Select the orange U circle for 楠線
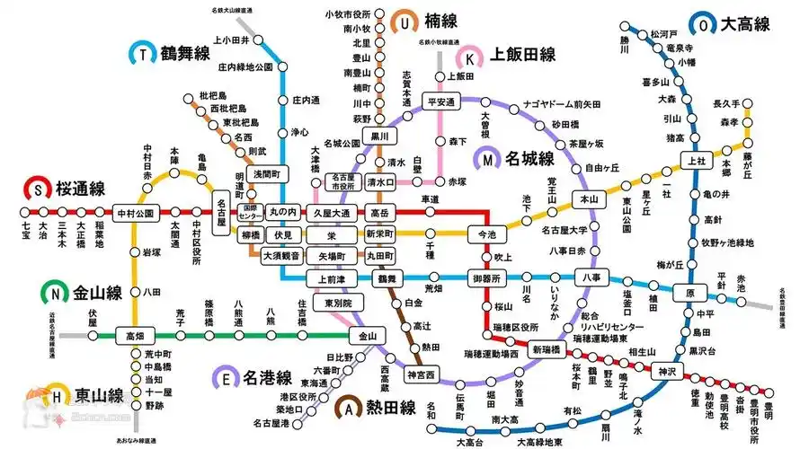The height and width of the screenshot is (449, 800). click(406, 22)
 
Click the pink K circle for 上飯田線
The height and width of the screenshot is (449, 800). click(470, 57)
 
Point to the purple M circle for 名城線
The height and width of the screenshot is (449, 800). click(488, 160)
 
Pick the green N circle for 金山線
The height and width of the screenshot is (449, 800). click(56, 292)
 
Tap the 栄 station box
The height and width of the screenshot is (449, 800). click(332, 234)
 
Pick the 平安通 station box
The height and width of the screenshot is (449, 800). click(441, 102)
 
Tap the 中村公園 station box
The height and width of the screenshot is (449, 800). click(135, 213)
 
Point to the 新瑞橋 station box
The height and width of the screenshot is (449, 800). click(547, 349)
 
